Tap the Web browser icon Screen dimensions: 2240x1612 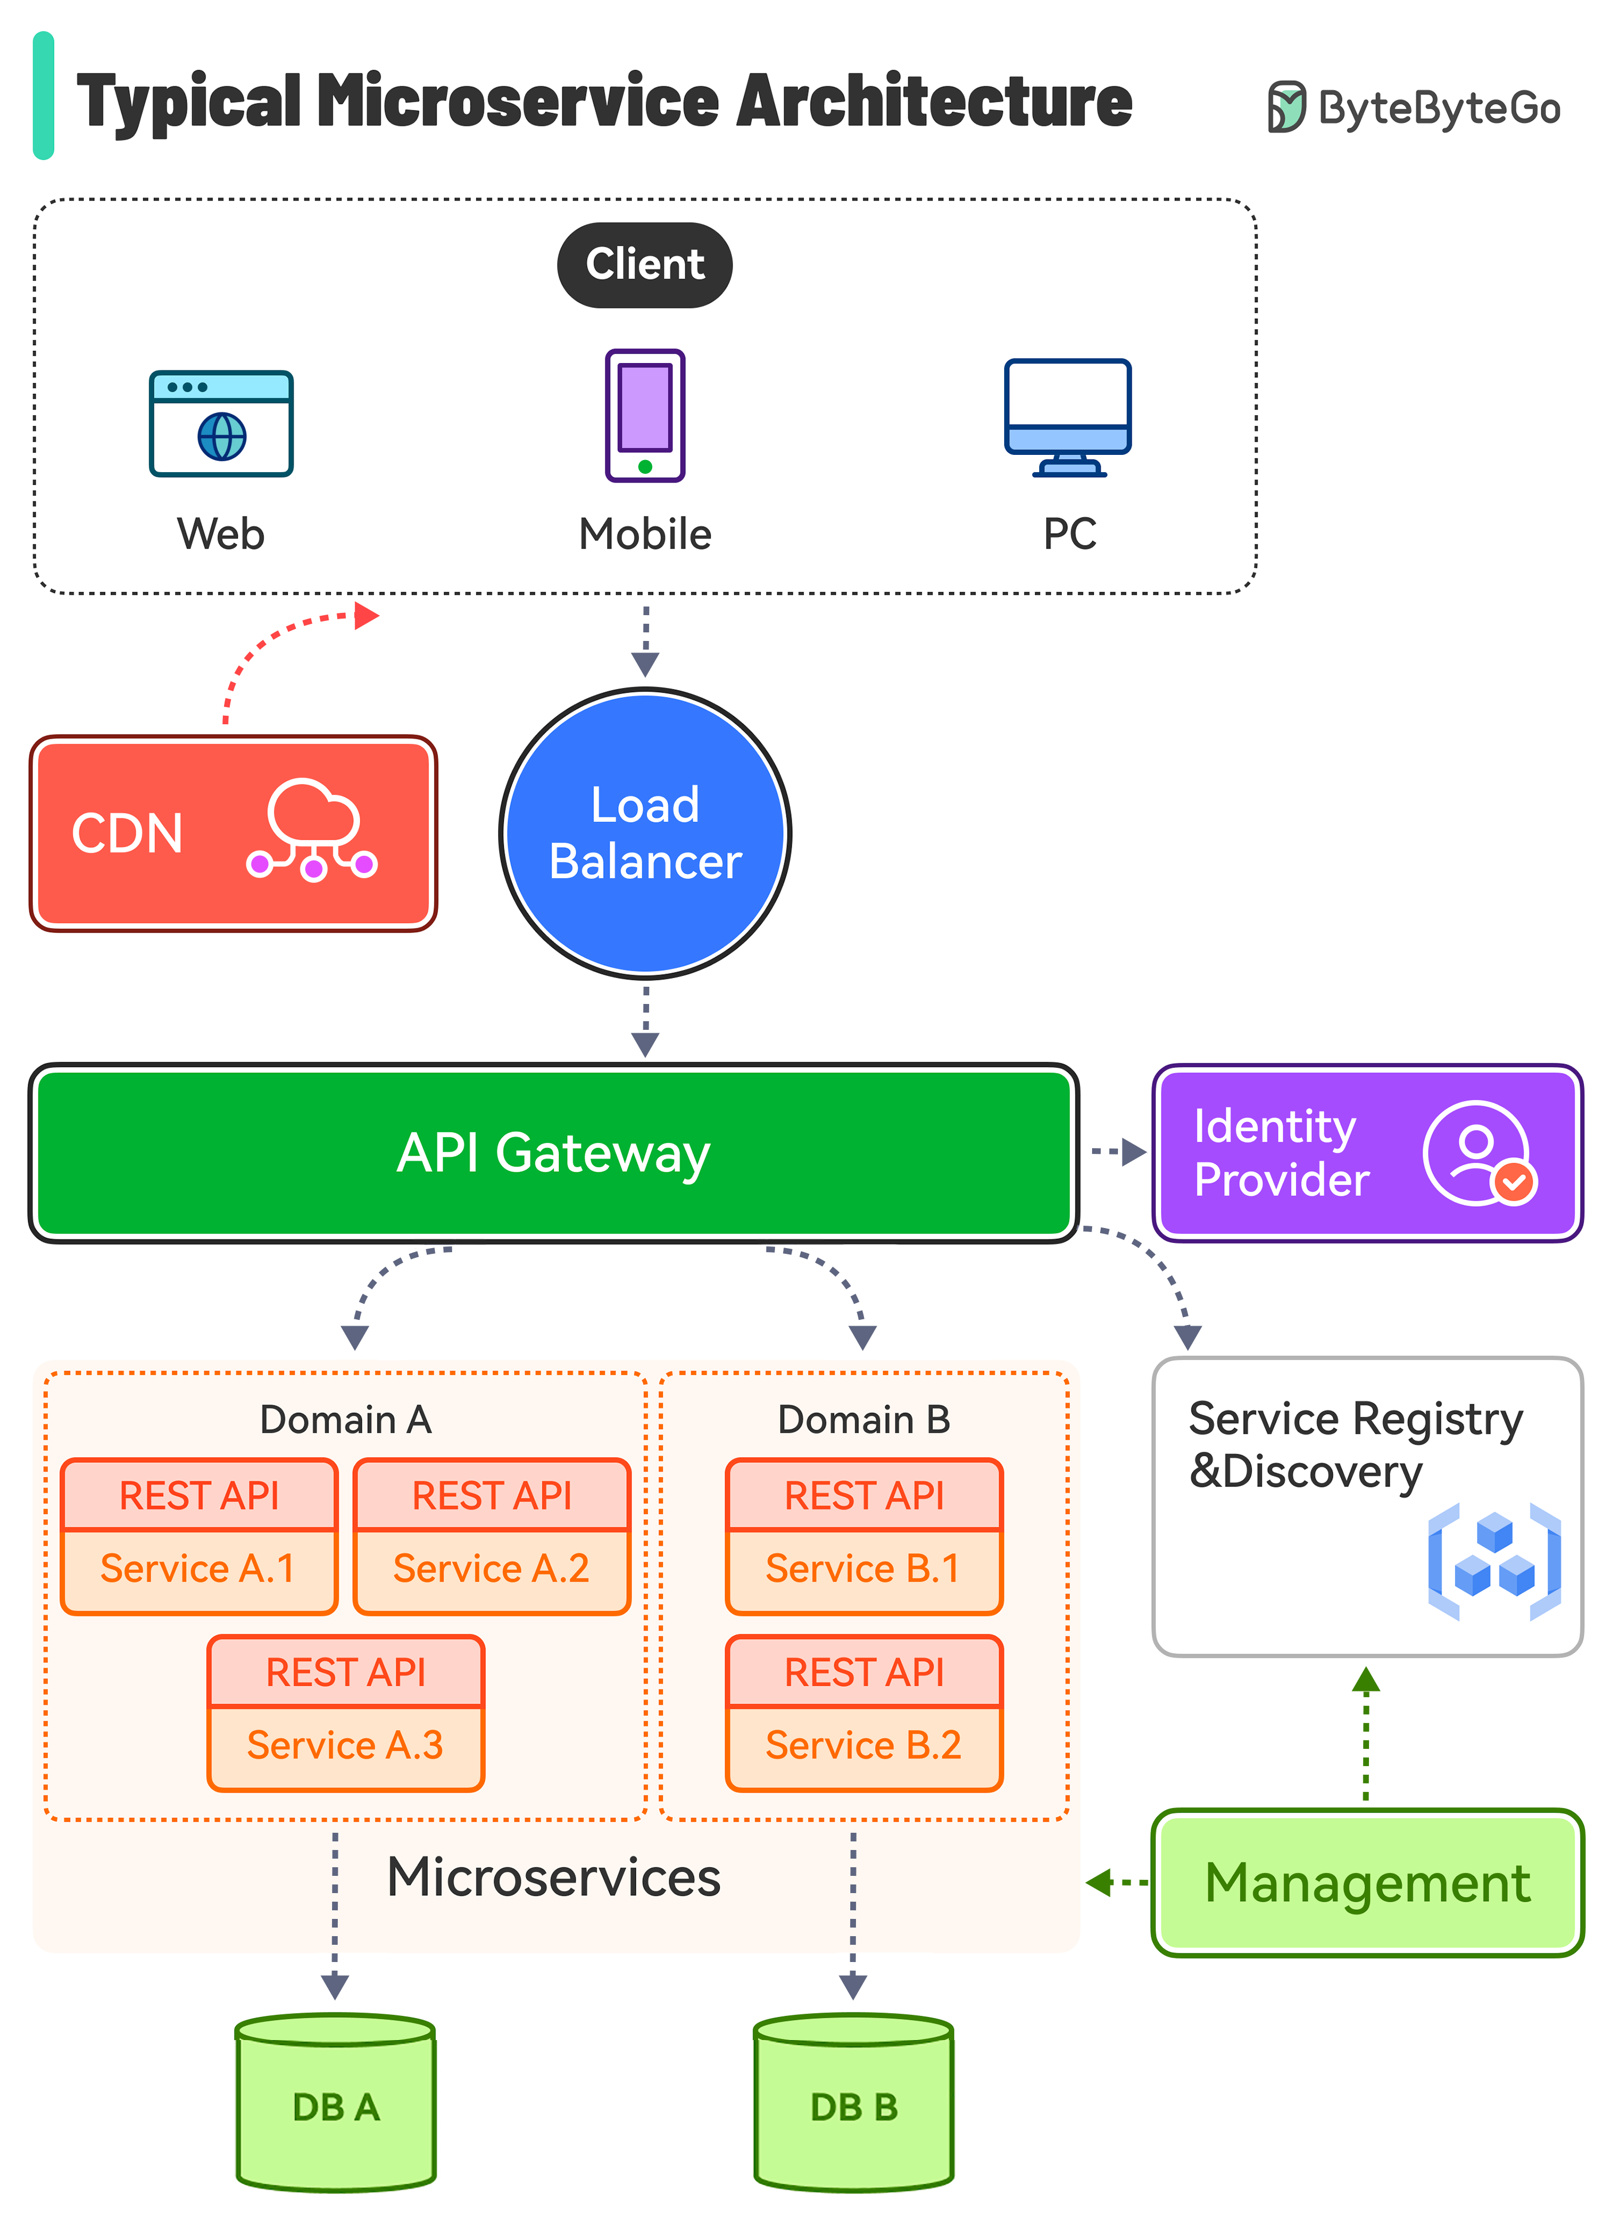point(221,424)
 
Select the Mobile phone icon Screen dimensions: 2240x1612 point(645,416)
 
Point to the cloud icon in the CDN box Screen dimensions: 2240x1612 point(312,829)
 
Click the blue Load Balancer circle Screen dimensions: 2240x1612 point(645,833)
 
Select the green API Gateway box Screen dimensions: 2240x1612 point(553,1153)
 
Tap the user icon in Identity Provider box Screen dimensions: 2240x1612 point(1479,1153)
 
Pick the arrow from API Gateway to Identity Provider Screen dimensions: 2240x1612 point(1117,1152)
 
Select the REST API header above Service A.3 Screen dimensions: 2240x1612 point(346,1672)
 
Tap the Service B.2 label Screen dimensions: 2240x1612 point(863,1745)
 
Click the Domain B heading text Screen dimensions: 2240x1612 point(863,1419)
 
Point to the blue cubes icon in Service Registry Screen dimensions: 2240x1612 point(1494,1561)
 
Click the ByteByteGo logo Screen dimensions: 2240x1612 point(1414,107)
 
